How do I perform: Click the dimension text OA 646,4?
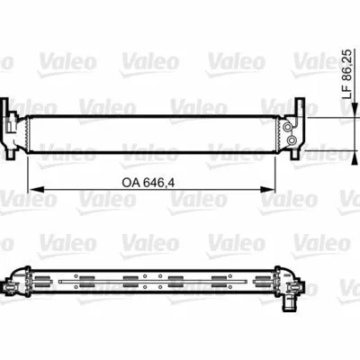(148, 183)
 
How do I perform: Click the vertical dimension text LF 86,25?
(347, 75)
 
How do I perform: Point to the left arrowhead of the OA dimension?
(36, 189)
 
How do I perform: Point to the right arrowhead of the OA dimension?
(266, 189)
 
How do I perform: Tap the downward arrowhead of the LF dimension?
(355, 110)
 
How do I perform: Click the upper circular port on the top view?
(288, 128)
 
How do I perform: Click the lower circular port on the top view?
(292, 139)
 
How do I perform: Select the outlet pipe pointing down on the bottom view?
(289, 304)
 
